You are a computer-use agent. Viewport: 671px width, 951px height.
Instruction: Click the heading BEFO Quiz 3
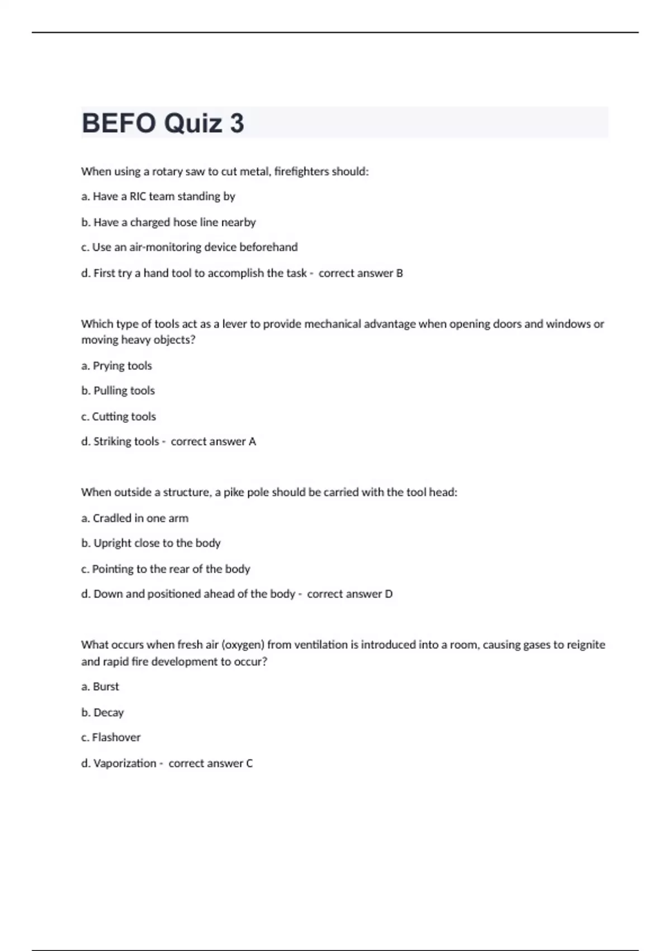[x=163, y=123]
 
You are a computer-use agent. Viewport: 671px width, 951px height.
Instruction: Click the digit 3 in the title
[x=237, y=123]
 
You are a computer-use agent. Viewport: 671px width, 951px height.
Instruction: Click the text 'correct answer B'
[x=361, y=273]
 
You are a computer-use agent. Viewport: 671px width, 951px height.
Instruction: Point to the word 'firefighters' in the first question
[x=301, y=171]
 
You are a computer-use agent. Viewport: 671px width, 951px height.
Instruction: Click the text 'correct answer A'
[x=213, y=441]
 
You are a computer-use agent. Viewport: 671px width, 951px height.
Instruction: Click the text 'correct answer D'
[x=349, y=594]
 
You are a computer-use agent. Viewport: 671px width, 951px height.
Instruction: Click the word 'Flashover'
[x=116, y=737]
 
